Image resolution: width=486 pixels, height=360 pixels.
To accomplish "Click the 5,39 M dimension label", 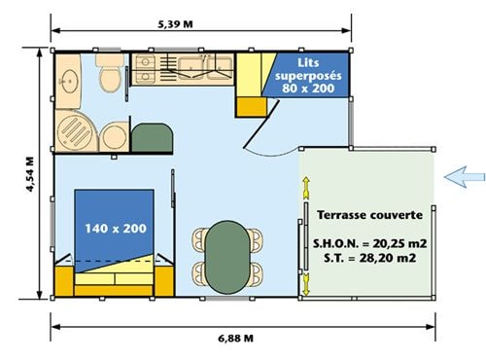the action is tap(175, 24).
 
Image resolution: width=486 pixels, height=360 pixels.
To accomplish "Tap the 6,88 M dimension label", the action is tap(235, 339).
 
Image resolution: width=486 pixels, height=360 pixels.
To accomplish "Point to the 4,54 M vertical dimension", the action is tap(30, 174).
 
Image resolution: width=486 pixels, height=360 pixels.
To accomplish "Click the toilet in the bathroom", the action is tap(110, 73).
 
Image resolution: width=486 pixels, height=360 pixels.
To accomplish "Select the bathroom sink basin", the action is tap(69, 81).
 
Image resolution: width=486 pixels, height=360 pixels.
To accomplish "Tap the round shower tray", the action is tap(76, 130).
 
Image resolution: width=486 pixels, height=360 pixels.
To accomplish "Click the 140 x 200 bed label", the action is tap(116, 229).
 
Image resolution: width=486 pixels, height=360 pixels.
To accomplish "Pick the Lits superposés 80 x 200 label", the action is tap(308, 76).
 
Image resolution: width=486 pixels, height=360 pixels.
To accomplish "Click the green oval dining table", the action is tap(228, 257).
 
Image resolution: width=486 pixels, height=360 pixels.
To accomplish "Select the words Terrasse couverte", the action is tap(369, 215).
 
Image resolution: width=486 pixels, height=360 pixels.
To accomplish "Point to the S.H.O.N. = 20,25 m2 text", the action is tap(369, 243).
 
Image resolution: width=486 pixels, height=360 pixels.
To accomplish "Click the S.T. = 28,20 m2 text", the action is tap(369, 258).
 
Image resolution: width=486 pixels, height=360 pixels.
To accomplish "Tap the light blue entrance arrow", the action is tap(465, 177).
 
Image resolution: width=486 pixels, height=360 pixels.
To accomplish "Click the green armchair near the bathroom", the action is tap(152, 138).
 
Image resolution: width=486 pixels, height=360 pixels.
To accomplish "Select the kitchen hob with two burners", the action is tap(145, 69).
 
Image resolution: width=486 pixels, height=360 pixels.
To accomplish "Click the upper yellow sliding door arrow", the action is tap(306, 188).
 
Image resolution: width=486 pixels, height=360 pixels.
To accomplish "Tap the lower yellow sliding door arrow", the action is tap(306, 284).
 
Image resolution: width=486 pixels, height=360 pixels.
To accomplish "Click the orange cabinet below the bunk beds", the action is tap(252, 107).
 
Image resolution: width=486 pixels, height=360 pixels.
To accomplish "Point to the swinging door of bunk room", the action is tap(261, 124).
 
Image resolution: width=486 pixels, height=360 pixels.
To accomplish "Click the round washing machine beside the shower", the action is tap(114, 137).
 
